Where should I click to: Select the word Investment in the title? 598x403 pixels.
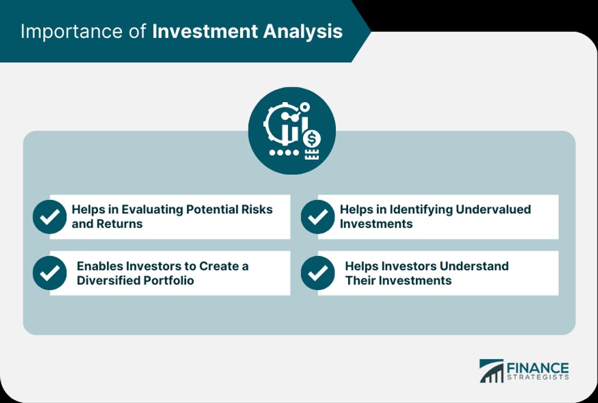pyautogui.click(x=205, y=32)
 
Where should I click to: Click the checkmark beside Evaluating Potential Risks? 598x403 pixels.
pyautogui.click(x=50, y=217)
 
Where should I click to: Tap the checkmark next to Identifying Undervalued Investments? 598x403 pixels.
pyautogui.click(x=318, y=217)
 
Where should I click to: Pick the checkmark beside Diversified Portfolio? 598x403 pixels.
pyautogui.click(x=50, y=273)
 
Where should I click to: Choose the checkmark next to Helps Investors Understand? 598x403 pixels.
pyautogui.click(x=318, y=273)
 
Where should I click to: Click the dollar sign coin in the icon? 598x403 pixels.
pyautogui.click(x=312, y=138)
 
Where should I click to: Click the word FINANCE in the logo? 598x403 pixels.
pyautogui.click(x=537, y=369)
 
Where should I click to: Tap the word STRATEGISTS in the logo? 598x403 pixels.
pyautogui.click(x=537, y=377)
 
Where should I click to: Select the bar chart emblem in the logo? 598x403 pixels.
pyautogui.click(x=492, y=371)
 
